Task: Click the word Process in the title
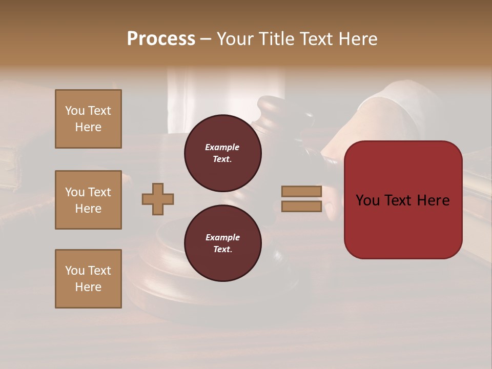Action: pyautogui.click(x=161, y=39)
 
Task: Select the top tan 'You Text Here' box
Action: pyautogui.click(x=88, y=119)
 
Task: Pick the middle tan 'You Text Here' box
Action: pyautogui.click(x=88, y=200)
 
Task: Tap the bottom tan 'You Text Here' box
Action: pyautogui.click(x=88, y=279)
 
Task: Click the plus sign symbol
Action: pyautogui.click(x=158, y=199)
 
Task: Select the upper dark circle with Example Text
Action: pyautogui.click(x=222, y=153)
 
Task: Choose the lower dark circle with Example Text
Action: pyautogui.click(x=222, y=243)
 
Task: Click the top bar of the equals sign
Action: pyautogui.click(x=301, y=191)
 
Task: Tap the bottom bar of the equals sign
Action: pyautogui.click(x=301, y=206)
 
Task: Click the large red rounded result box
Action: pyautogui.click(x=403, y=225)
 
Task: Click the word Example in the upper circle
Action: pyautogui.click(x=222, y=147)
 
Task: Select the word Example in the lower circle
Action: pyautogui.click(x=222, y=237)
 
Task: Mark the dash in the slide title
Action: pyautogui.click(x=206, y=39)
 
